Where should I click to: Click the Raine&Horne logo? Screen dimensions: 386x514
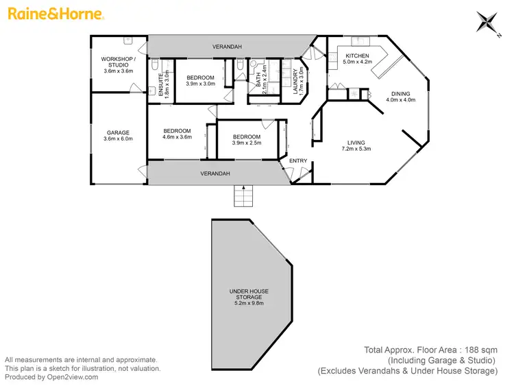56,14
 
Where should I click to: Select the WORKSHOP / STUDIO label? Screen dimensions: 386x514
119,62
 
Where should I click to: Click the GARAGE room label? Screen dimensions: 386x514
118,132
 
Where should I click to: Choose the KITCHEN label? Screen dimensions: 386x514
357,56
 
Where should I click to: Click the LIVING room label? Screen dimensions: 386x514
358,143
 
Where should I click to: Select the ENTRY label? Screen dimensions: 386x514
298,160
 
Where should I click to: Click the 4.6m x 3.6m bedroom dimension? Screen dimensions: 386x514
177,137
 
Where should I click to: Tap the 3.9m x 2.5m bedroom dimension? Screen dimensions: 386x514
246,143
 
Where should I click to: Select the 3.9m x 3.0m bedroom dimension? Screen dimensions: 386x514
201,84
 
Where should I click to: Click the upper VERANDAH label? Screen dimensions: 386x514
225,47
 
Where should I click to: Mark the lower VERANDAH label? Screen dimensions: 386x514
215,173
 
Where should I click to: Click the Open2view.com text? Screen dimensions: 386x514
72,376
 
